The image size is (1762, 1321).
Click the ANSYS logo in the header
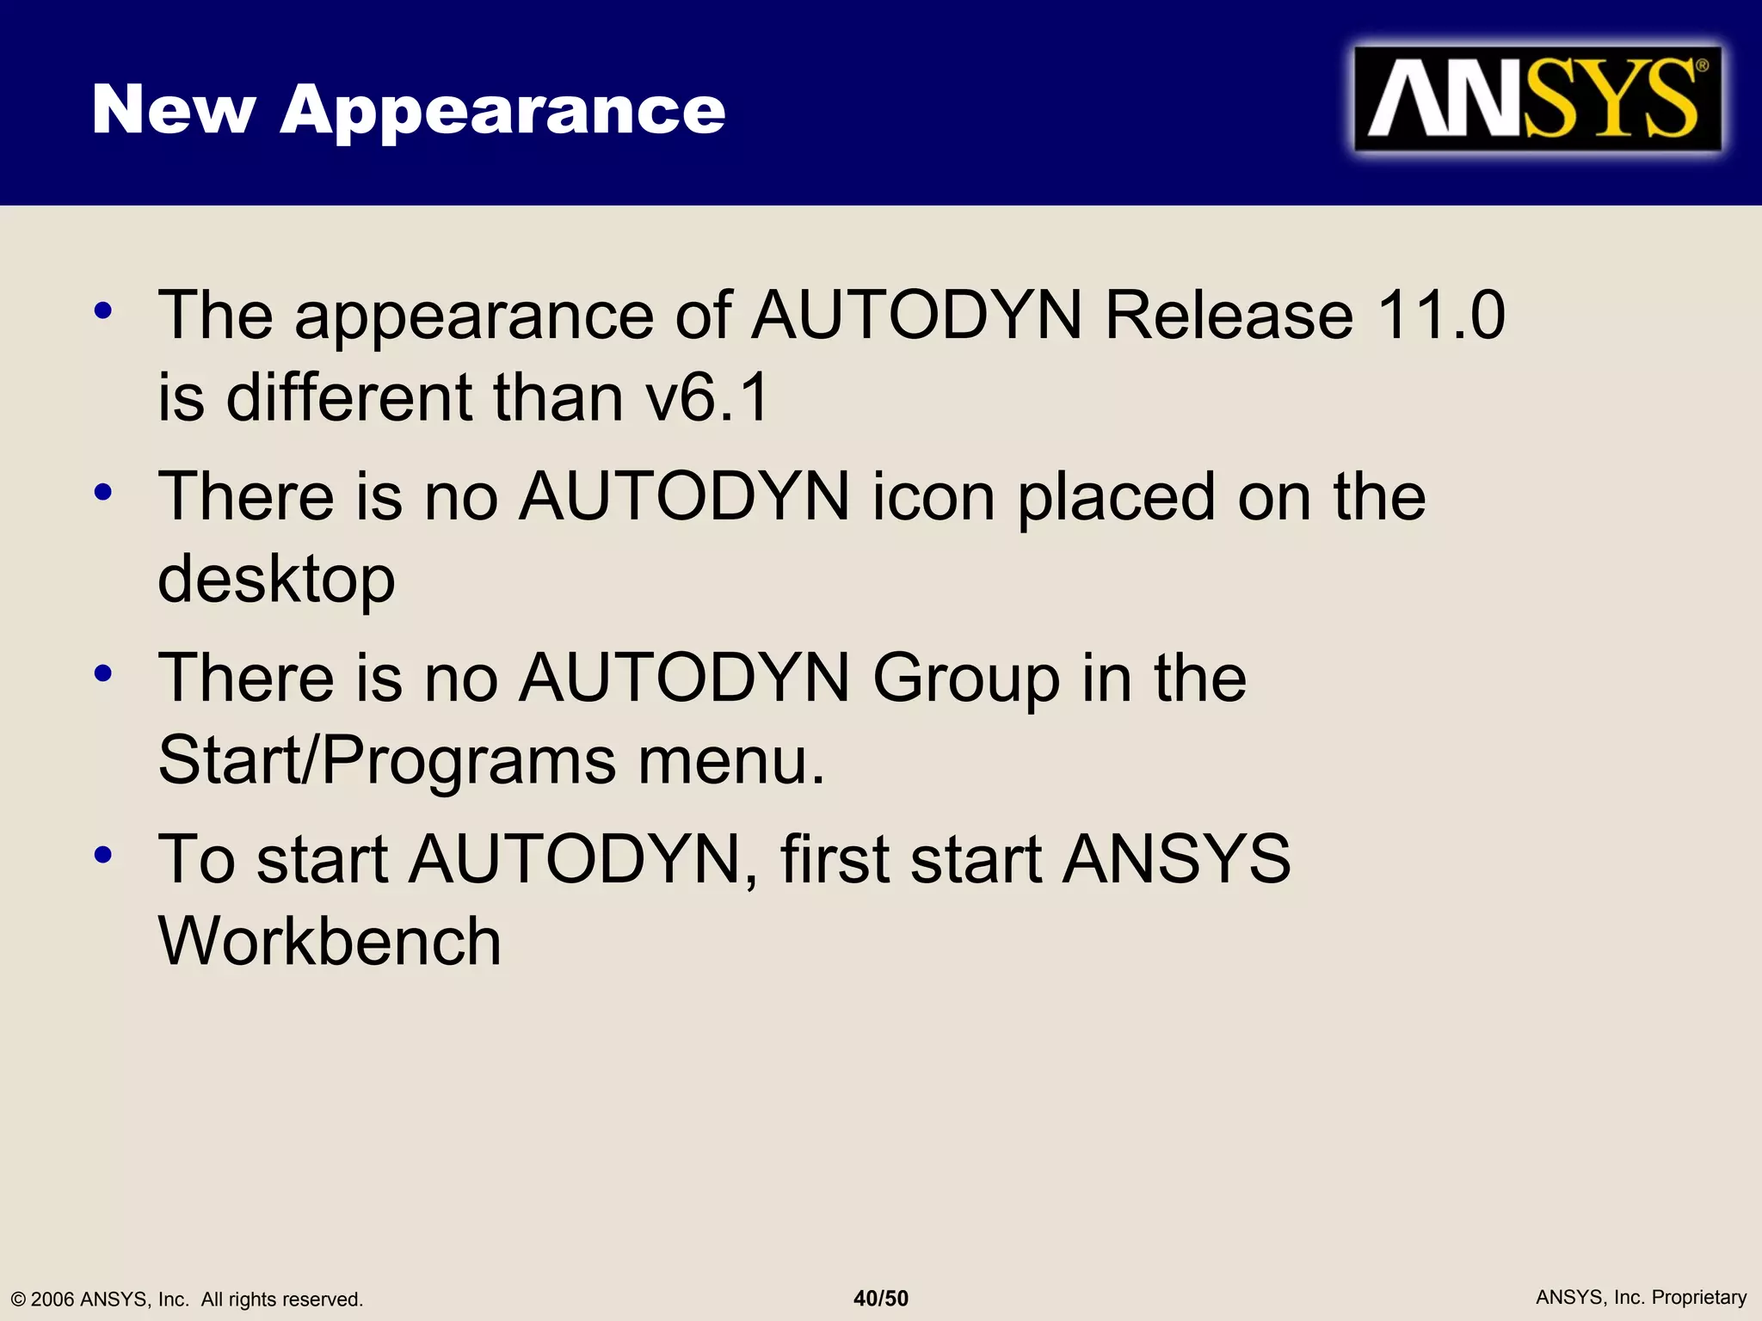tap(1537, 99)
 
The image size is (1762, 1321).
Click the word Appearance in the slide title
tap(502, 111)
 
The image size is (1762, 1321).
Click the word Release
tap(1229, 315)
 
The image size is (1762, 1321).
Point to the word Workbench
tap(330, 941)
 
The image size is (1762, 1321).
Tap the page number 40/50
tap(880, 1298)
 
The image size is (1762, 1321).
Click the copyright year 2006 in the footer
tap(52, 1299)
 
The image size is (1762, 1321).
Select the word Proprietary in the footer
tap(1699, 1297)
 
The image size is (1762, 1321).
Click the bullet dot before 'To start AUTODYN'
tap(103, 855)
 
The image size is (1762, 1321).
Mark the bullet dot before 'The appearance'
tap(103, 310)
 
